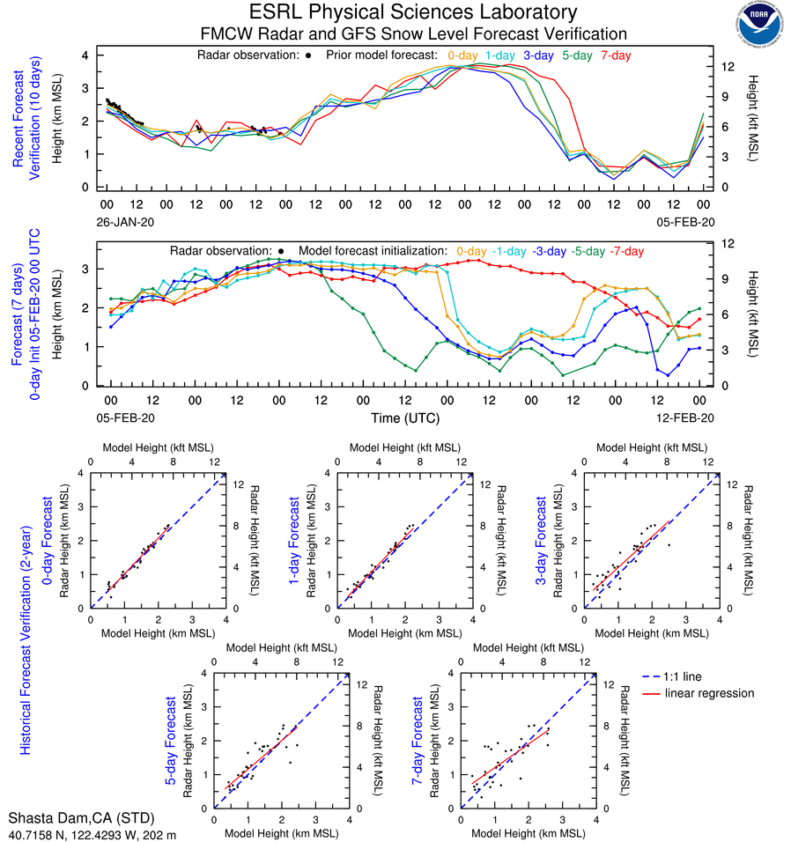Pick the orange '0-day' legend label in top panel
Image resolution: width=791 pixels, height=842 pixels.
(x=462, y=55)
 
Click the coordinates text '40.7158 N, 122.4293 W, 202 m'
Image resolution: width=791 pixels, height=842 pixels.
(x=92, y=833)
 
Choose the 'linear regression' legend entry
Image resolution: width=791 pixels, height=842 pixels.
(x=710, y=693)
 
